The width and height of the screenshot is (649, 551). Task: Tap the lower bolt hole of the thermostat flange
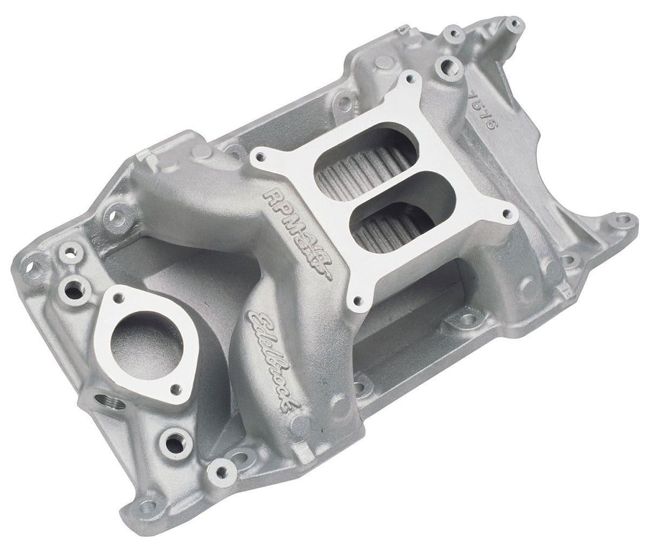tap(175, 389)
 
